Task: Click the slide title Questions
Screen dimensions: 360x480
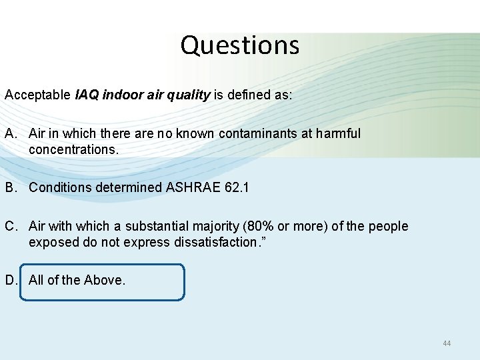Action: pyautogui.click(x=239, y=45)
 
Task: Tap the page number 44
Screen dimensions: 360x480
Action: pyautogui.click(x=447, y=343)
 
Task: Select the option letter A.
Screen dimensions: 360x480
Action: pyautogui.click(x=10, y=133)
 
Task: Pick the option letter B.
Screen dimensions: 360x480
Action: pyautogui.click(x=10, y=187)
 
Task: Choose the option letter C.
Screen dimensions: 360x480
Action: pyautogui.click(x=10, y=226)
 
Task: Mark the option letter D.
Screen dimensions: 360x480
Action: pyautogui.click(x=10, y=280)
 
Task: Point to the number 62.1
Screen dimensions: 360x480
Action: pyautogui.click(x=237, y=187)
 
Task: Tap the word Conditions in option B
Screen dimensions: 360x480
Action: pyautogui.click(x=61, y=187)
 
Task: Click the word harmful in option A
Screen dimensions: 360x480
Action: pyautogui.click(x=337, y=133)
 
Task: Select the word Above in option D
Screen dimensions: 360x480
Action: pyautogui.click(x=104, y=280)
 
